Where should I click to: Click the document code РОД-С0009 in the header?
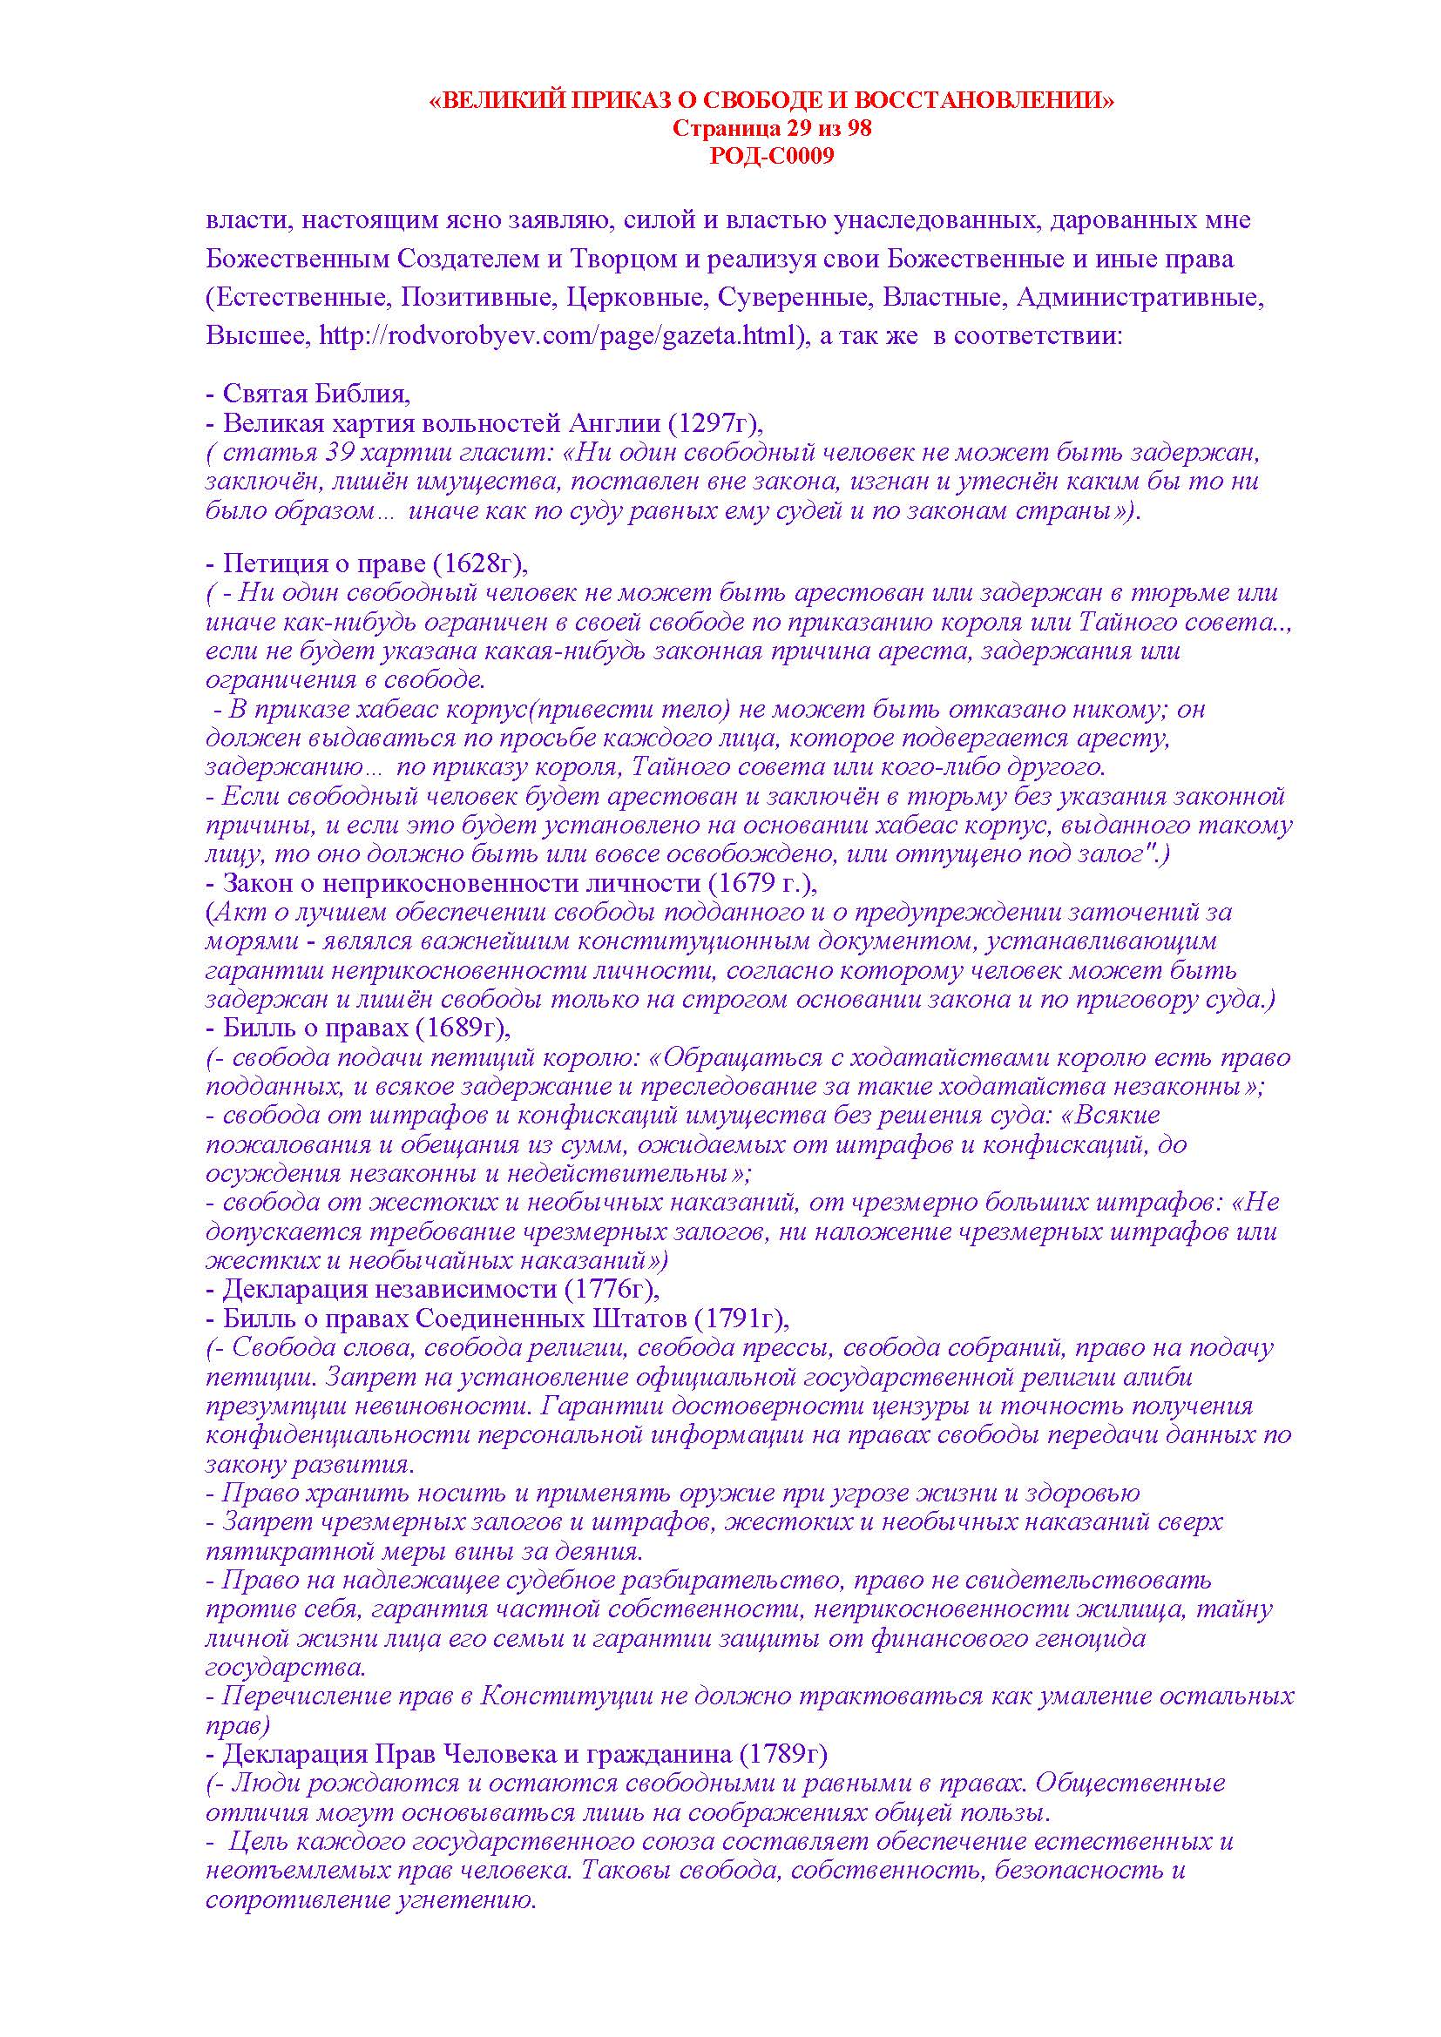point(772,157)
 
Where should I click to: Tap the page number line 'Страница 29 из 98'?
point(772,129)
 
